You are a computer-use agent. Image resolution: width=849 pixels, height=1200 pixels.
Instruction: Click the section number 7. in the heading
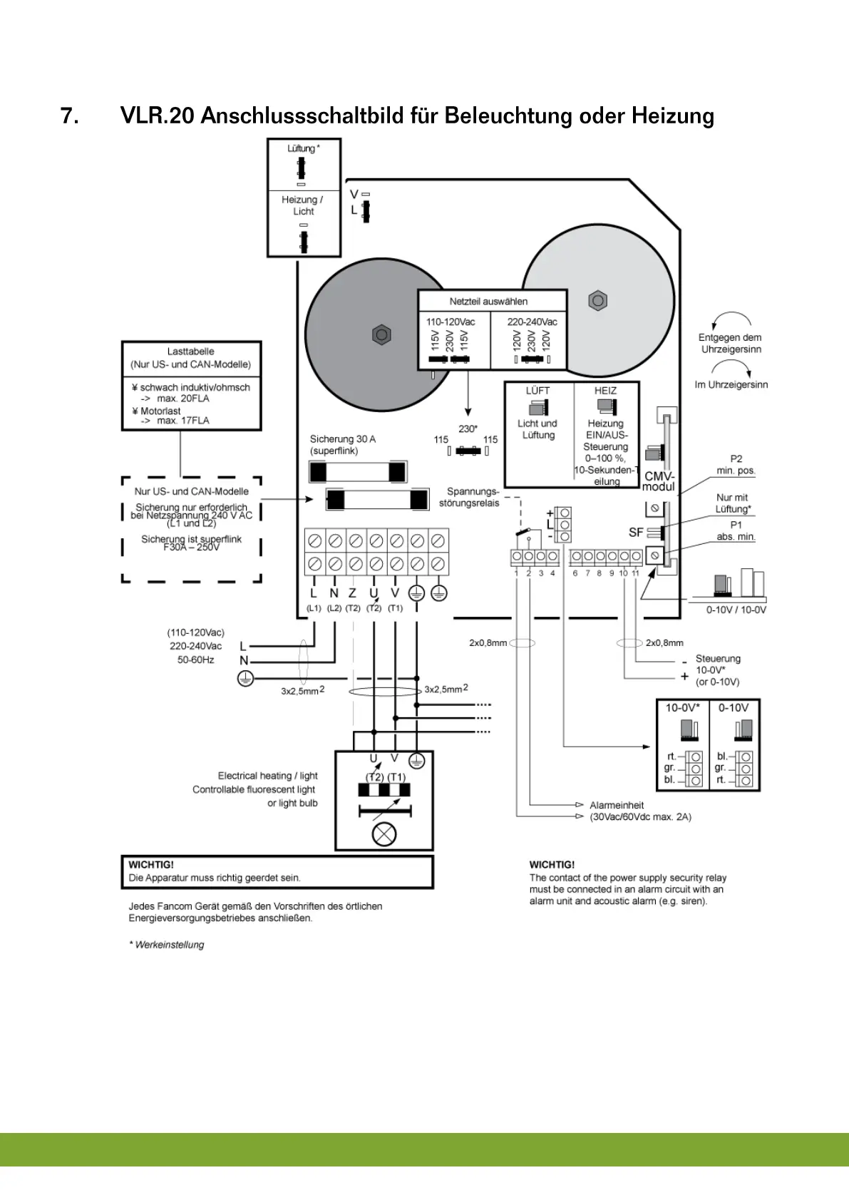tap(70, 116)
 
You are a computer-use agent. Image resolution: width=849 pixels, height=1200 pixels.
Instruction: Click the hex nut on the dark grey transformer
tap(382, 334)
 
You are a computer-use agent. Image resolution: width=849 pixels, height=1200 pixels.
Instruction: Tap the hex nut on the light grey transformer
tap(598, 301)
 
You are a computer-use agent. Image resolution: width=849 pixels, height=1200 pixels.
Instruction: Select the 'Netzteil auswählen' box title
tap(488, 302)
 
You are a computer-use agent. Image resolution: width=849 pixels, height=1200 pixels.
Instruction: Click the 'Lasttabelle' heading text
tap(190, 352)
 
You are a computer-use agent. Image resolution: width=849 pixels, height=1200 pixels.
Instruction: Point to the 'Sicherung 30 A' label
tap(342, 439)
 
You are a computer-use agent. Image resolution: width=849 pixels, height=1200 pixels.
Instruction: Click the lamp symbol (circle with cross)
tap(384, 834)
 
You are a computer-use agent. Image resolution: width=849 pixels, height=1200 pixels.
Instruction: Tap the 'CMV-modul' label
tap(659, 481)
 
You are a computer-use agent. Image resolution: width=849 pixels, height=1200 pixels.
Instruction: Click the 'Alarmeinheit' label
tap(617, 805)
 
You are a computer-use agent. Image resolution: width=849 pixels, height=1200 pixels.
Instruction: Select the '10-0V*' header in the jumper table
tap(682, 708)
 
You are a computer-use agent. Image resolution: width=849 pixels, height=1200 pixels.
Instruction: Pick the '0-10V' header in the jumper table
tap(734, 708)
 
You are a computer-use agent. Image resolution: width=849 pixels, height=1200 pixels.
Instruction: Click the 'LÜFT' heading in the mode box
tap(537, 391)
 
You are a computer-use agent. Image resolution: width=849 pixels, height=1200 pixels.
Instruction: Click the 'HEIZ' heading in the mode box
tap(605, 391)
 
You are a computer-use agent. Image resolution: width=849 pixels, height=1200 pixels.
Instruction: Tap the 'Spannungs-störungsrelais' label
tap(470, 497)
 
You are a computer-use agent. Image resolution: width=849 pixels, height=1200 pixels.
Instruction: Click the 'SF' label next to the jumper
tap(636, 532)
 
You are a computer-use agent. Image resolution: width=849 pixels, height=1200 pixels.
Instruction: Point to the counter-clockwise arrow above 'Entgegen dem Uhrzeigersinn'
tap(731, 319)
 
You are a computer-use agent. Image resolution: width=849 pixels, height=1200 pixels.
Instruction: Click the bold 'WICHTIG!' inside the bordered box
tap(151, 865)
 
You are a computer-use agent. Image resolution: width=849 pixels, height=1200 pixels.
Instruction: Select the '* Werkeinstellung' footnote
tap(167, 945)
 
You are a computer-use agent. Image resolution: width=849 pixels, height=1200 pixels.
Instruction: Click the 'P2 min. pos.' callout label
tap(736, 464)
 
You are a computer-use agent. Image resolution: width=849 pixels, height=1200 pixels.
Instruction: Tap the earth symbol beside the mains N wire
tap(245, 680)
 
